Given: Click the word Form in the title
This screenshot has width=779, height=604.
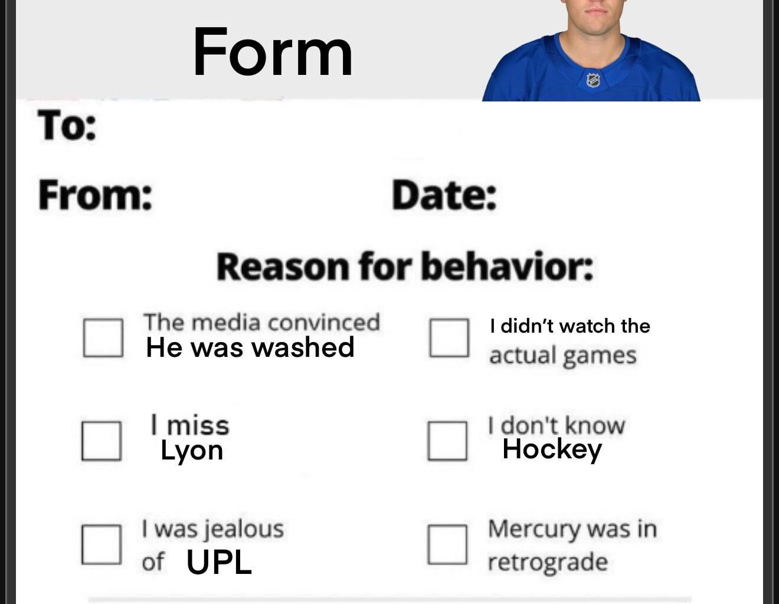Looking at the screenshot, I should click(273, 53).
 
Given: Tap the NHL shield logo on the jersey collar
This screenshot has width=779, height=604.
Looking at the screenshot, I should click(593, 80).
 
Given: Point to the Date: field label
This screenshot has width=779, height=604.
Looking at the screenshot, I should click(444, 195).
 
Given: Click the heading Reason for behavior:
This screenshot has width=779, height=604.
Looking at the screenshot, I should click(405, 267).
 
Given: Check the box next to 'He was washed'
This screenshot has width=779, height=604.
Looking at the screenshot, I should click(103, 338).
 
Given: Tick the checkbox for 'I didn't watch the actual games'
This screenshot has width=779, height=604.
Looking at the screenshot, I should click(449, 338).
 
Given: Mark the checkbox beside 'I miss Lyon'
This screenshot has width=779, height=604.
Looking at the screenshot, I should click(102, 440).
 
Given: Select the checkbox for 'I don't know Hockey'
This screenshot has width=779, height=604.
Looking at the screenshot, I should click(447, 440).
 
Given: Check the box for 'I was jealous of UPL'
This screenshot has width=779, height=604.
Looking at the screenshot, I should click(102, 544).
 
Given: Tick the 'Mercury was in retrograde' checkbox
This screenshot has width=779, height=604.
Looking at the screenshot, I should click(447, 544).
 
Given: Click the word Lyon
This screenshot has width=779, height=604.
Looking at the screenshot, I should click(192, 451).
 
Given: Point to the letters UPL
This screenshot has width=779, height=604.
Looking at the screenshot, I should click(219, 562).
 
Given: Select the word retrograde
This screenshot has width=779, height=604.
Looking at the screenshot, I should click(547, 562).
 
